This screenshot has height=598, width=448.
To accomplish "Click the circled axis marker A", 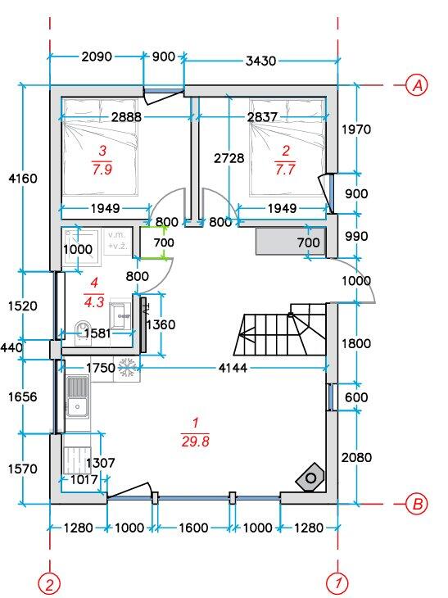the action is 417,85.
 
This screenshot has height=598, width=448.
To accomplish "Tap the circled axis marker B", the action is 417,504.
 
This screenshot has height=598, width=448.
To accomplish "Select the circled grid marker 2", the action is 50,584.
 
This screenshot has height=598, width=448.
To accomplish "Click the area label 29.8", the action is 195,442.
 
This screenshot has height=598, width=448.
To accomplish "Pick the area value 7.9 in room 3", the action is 102,169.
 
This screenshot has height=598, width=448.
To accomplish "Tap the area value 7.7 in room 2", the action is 285,169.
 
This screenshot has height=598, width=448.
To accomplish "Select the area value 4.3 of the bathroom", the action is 94,301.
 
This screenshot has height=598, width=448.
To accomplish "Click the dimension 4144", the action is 233,368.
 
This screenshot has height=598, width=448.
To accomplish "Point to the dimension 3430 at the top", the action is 260,61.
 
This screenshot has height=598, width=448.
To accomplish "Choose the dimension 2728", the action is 229,158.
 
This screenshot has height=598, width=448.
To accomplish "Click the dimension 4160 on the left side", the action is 23,178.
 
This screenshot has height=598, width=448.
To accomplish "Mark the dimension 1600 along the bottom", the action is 193,528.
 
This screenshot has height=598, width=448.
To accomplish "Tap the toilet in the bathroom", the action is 83,333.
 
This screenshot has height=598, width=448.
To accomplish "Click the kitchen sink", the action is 78,396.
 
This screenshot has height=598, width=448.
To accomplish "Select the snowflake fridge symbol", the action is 127,368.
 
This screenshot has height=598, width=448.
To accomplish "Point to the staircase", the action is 280,329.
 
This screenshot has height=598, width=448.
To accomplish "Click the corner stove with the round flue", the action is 310,478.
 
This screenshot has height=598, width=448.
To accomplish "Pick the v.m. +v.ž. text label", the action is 117,240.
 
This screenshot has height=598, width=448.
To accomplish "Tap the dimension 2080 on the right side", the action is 356,457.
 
